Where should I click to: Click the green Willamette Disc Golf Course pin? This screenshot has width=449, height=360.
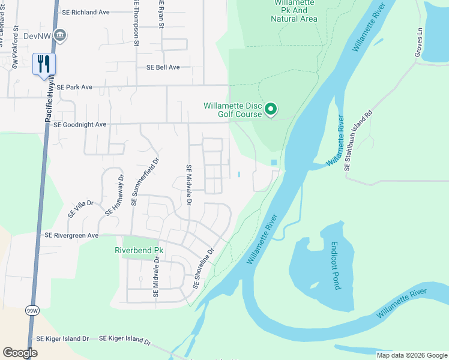271,109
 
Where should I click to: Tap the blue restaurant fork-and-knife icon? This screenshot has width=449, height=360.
44,64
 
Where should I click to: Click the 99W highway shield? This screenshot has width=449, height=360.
31,310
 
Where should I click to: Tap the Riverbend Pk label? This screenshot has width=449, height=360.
139,250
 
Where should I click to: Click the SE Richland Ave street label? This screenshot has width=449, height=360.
86,12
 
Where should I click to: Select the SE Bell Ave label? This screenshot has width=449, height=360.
158,67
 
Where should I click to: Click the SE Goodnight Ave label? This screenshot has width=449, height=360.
80,125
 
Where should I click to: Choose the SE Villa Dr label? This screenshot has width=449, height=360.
81,208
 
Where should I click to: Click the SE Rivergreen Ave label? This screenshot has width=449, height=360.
71,236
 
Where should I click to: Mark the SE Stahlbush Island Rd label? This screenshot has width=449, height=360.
359,140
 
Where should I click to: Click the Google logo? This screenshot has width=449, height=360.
20,353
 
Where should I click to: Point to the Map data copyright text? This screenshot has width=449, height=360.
412,355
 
